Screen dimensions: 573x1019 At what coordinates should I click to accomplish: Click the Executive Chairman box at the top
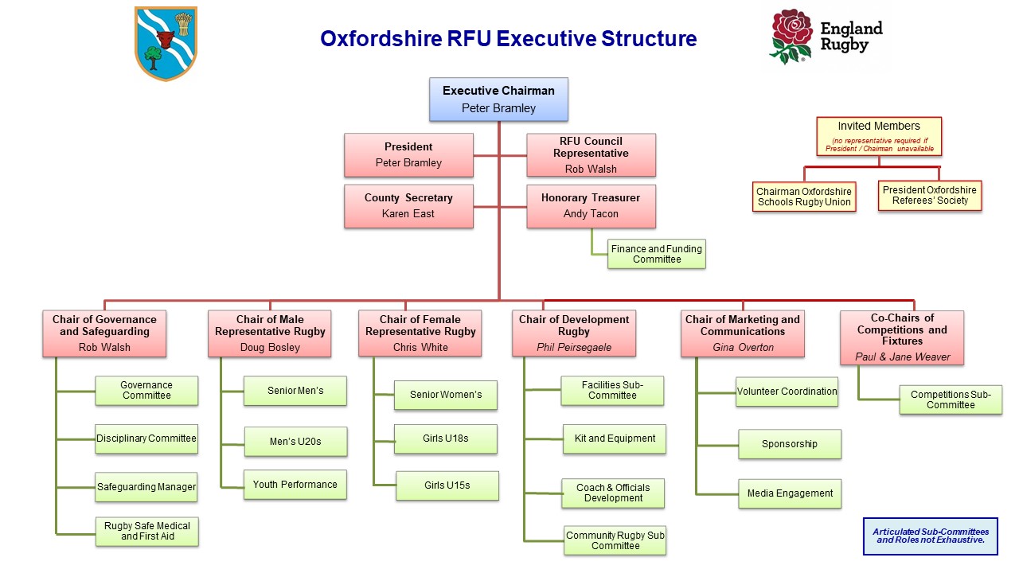coord(498,99)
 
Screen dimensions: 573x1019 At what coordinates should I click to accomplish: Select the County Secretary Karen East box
coord(408,205)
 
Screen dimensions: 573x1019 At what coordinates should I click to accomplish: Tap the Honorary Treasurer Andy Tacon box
coord(591,205)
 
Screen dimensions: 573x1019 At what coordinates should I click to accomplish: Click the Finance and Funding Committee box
coord(656,254)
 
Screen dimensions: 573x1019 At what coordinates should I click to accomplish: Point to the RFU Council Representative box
coord(591,154)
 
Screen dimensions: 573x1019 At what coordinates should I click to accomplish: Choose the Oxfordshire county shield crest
coord(166,43)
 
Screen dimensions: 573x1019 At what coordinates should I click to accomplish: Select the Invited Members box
coord(878,136)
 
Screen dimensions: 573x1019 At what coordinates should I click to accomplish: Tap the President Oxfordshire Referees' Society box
coord(930,195)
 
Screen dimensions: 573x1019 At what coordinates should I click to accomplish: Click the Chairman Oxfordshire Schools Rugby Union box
coord(803,197)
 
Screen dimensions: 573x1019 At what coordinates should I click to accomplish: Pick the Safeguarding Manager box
coord(146,487)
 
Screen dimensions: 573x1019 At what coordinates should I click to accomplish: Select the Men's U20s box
coord(295,441)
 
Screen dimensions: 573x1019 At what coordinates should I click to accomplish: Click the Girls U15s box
coord(447,485)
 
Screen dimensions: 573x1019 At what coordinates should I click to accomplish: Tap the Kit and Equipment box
coord(615,439)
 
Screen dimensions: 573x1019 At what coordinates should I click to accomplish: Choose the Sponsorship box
coord(789,444)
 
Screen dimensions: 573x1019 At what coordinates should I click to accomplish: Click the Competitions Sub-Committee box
coord(950,400)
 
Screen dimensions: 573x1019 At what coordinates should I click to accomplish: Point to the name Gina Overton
coord(741,347)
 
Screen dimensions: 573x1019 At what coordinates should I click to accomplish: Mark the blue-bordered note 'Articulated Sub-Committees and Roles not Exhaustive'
coord(930,536)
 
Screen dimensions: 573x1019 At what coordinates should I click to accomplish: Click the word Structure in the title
coord(648,38)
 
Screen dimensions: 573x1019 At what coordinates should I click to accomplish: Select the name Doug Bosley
coord(270,347)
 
